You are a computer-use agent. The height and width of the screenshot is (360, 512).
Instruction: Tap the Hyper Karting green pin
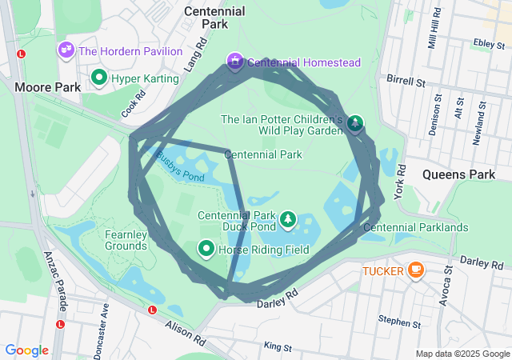point(99,78)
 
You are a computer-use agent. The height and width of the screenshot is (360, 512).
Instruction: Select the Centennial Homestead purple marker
point(235,62)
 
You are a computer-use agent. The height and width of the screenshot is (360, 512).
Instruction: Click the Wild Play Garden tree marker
point(354,123)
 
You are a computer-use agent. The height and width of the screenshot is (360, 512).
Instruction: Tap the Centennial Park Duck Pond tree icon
point(287,219)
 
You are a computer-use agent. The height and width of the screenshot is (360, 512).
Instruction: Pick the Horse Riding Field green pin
point(206,250)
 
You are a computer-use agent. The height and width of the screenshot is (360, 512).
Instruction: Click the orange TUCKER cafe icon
point(415,270)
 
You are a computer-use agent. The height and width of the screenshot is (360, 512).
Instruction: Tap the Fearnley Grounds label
point(125,241)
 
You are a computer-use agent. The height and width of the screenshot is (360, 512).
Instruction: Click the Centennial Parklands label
point(415,228)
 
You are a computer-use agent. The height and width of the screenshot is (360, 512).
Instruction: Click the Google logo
point(26,350)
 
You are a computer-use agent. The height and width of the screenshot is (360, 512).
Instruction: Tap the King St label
point(277,347)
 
